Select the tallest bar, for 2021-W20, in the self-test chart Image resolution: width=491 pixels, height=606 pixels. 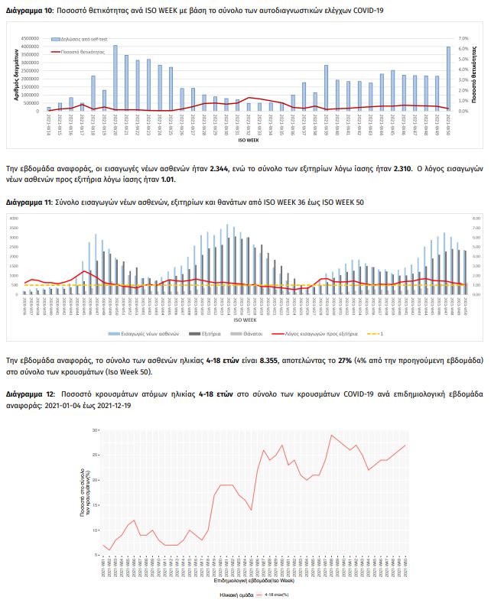tap(115, 78)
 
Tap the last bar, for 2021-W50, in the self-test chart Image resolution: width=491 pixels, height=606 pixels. tap(448, 79)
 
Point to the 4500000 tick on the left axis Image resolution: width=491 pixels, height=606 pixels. tap(29, 38)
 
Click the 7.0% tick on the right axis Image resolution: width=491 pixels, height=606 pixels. tap(463, 38)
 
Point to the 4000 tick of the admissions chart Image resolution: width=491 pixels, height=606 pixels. tap(13, 219)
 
